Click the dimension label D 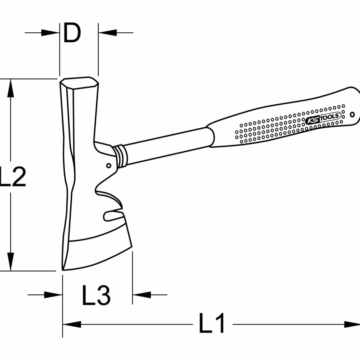[72, 33]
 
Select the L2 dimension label [13, 176]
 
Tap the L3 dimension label [96, 295]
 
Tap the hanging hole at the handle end [352, 114]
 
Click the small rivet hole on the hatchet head [109, 166]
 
